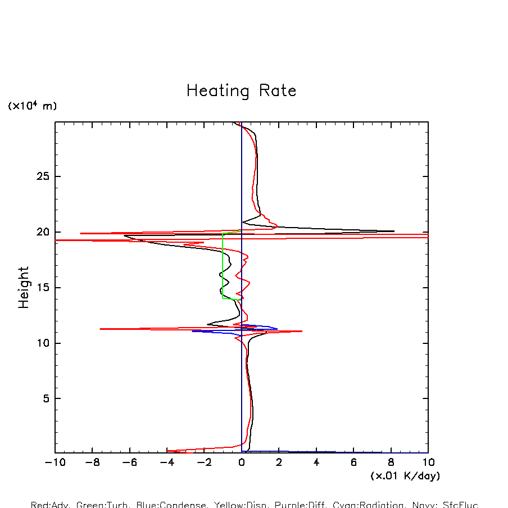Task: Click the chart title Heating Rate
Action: pos(241,91)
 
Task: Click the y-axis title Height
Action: pos(24,287)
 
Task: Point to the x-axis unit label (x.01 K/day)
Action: pos(405,476)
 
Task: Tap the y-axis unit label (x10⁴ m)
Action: pos(32,106)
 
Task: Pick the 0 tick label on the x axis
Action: pos(242,462)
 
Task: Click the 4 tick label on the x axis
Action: pos(316,462)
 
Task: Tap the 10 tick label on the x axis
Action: pos(428,462)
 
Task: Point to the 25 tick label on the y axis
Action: pos(43,176)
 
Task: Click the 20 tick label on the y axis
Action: pos(43,232)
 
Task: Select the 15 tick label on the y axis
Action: pos(43,288)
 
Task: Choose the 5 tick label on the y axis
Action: pos(46,398)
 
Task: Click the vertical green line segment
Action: pos(223,264)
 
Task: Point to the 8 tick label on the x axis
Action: pos(391,462)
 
